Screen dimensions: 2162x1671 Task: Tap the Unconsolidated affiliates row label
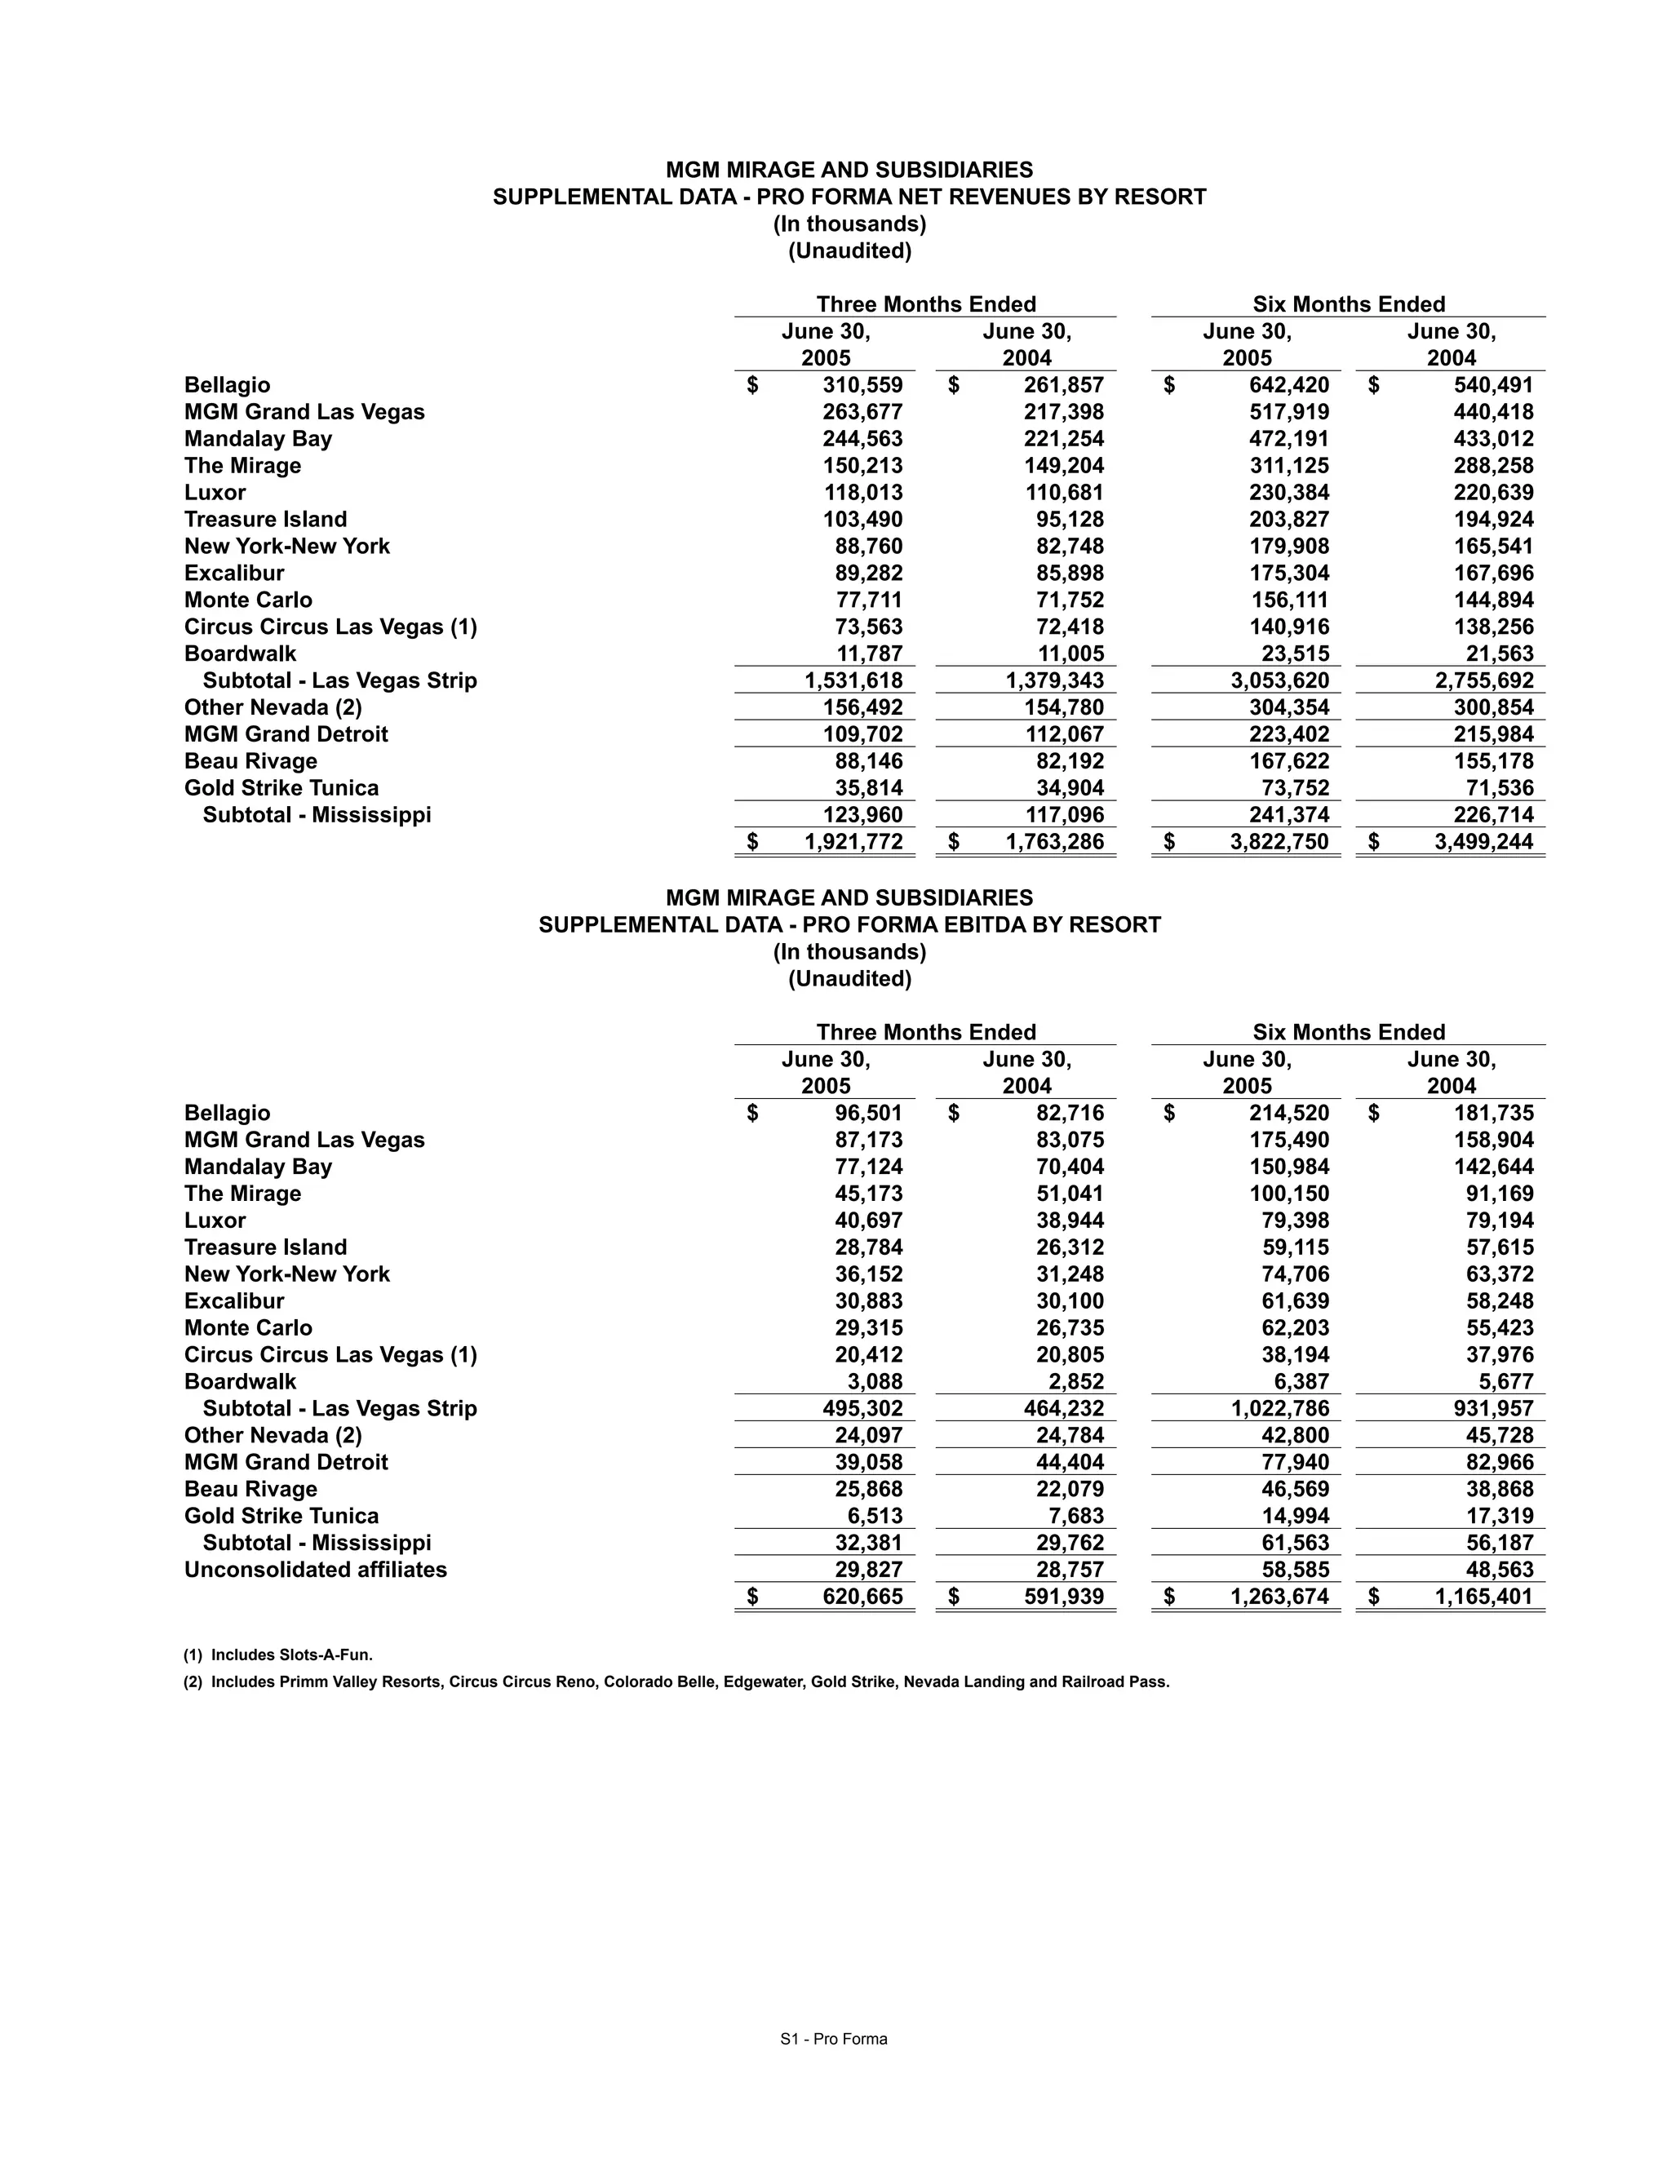coord(315,1569)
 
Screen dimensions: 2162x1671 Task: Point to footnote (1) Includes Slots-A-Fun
coord(278,1655)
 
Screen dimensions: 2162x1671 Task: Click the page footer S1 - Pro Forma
coord(834,2038)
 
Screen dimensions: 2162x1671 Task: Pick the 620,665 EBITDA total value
coord(862,1596)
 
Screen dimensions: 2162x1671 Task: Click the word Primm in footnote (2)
coord(300,1681)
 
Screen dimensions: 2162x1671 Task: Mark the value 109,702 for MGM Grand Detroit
coord(862,733)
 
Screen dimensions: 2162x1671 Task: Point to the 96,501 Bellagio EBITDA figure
coord(868,1113)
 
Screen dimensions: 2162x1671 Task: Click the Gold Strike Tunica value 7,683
coord(1074,1516)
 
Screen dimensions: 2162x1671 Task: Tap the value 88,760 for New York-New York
coord(868,547)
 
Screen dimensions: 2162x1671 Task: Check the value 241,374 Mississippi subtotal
coord(1289,815)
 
